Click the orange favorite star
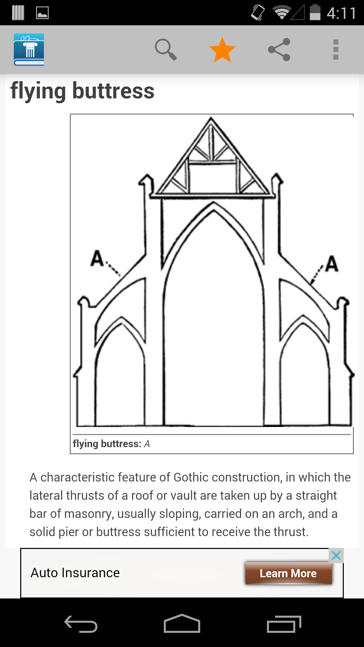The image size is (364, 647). [222, 50]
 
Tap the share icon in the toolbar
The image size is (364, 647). [279, 50]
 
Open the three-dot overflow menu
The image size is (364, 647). [336, 50]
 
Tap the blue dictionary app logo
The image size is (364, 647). [29, 50]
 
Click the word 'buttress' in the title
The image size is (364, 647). [113, 91]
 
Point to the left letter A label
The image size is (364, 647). [97, 258]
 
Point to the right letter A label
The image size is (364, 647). [332, 264]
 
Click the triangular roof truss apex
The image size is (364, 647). [211, 118]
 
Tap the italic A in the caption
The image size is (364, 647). [147, 444]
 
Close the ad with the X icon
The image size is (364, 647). [336, 555]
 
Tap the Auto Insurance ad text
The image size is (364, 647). [75, 573]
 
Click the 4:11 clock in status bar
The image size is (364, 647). [341, 13]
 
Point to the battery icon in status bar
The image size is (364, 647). [315, 12]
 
